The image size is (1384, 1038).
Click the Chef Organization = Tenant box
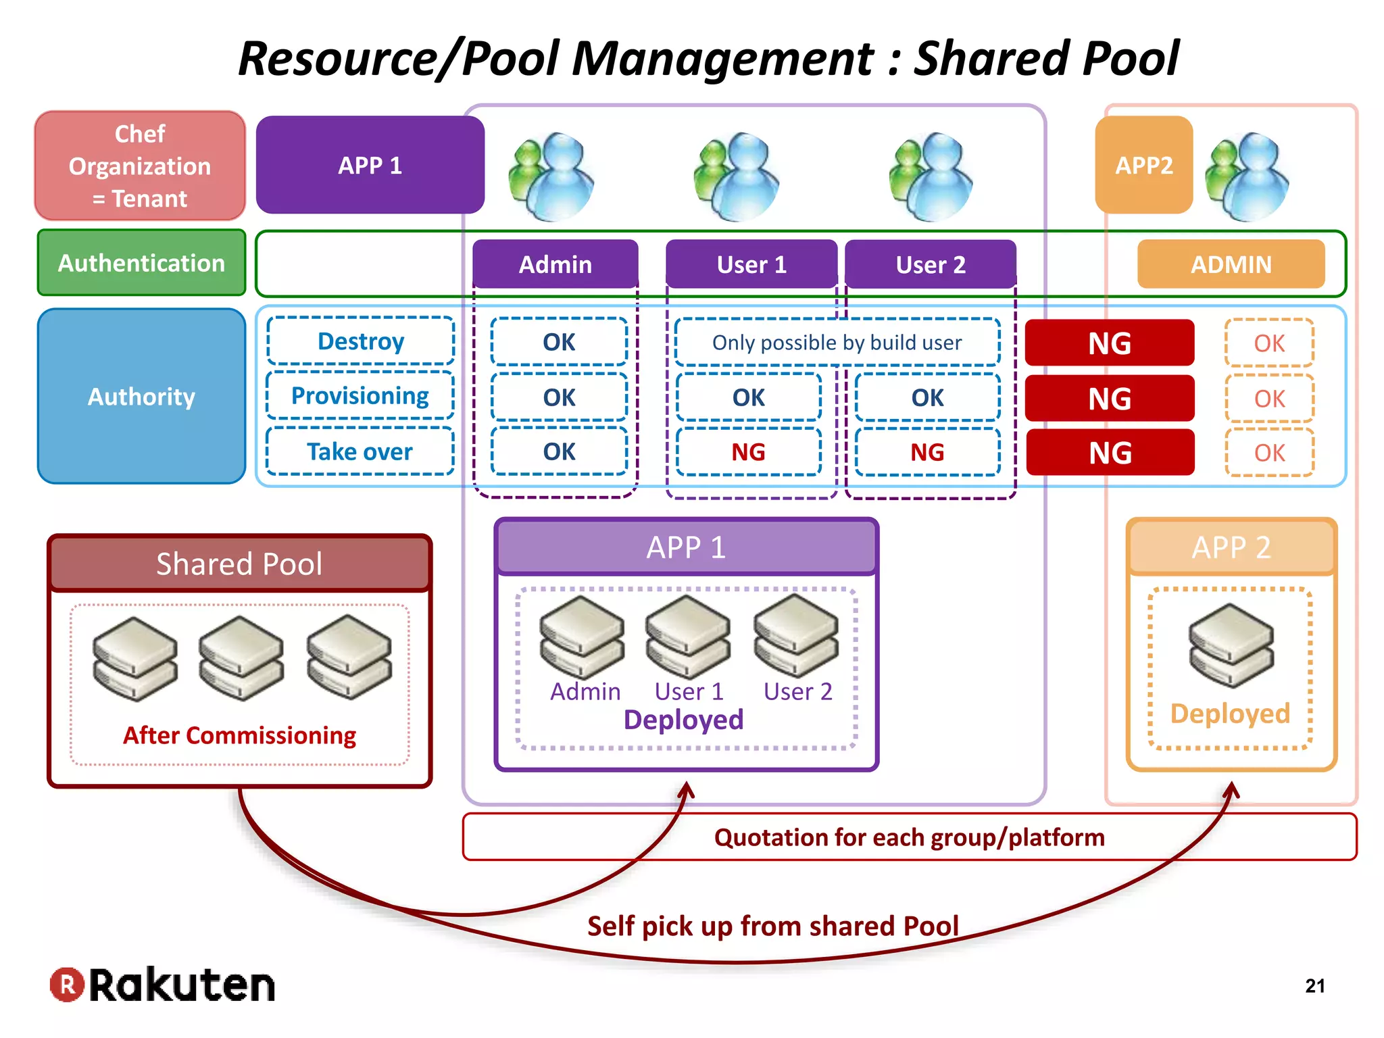(140, 166)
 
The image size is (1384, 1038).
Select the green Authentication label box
(141, 263)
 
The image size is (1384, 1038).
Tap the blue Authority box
(141, 397)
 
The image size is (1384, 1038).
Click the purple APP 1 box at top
(370, 166)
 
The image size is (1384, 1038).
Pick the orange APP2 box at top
(1143, 166)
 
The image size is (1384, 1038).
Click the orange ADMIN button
(1231, 264)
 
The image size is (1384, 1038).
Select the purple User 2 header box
(931, 264)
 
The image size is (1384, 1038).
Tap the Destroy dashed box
(360, 341)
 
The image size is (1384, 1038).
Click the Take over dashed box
(360, 451)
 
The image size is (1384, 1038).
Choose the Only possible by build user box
(837, 343)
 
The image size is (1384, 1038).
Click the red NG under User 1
(748, 452)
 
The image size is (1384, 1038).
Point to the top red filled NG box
(1110, 343)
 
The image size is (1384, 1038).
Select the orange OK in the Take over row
(1269, 453)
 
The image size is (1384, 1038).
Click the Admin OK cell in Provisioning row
(559, 397)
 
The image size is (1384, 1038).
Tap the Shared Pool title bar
(239, 564)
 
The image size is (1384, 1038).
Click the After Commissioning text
(239, 735)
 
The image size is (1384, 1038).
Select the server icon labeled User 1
(688, 637)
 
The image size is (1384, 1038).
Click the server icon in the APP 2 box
(1231, 645)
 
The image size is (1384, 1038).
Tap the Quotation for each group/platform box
(909, 837)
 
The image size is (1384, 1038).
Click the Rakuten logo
(163, 985)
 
